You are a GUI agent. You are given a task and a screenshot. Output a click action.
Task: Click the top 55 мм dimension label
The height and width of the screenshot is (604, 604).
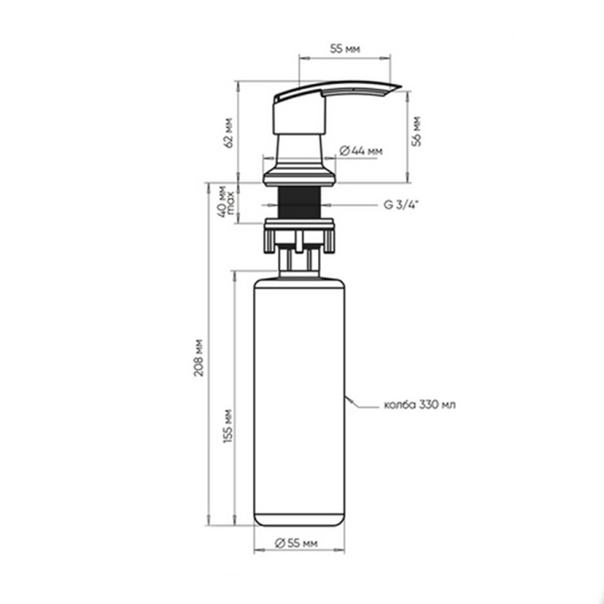click(x=345, y=49)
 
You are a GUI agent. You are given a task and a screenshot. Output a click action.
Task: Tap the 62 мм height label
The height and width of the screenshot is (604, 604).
click(x=229, y=133)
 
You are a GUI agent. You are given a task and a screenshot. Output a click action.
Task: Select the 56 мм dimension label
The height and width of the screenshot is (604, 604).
click(x=416, y=132)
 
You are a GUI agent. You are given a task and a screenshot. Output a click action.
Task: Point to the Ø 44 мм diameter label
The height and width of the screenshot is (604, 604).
click(x=361, y=151)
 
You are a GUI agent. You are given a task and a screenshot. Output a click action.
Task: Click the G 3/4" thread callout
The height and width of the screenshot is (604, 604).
click(x=401, y=205)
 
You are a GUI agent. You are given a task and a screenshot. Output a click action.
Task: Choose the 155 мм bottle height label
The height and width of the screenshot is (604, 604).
click(x=228, y=426)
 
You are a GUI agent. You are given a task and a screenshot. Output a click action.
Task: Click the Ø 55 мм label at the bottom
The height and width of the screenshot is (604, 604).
click(x=296, y=543)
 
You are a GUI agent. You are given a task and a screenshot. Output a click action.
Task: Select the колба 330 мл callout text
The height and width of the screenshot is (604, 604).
click(x=420, y=405)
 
